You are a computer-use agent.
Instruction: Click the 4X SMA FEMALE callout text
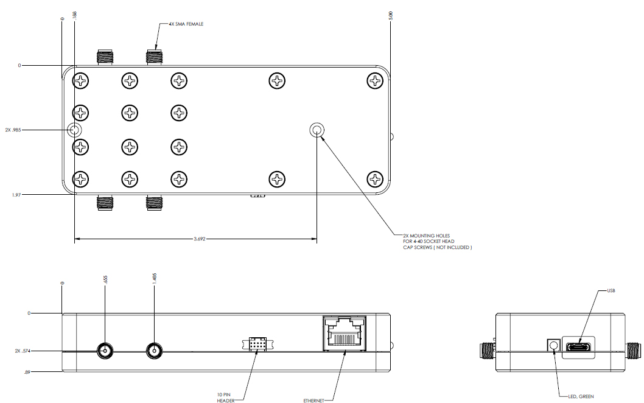pos(186,24)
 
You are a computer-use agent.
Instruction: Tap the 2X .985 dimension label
pos(13,130)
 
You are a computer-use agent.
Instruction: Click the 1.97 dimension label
pos(16,195)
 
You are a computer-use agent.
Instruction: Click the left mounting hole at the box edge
pos(74,130)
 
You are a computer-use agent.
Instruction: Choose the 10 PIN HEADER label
pos(226,397)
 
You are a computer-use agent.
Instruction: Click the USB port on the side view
pos(578,348)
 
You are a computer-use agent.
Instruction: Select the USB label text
pos(611,291)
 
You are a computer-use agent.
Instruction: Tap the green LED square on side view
pos(553,345)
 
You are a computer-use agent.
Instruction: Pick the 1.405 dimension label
pos(156,278)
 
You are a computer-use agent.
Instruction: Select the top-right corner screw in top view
pos(375,80)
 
